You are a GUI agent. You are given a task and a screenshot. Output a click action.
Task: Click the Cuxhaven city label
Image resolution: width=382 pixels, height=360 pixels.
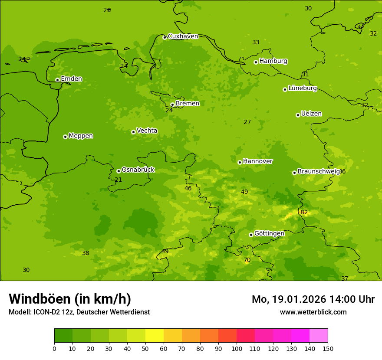click(183, 36)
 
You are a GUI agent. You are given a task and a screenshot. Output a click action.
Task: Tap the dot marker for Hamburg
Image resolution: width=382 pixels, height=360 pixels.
click(256, 62)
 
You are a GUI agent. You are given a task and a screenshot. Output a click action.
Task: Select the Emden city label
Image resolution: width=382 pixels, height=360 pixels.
click(71, 79)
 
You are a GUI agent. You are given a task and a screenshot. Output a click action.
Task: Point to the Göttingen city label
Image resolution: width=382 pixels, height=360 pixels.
click(269, 233)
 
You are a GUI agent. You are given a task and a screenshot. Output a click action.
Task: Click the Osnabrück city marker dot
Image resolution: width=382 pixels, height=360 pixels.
click(119, 171)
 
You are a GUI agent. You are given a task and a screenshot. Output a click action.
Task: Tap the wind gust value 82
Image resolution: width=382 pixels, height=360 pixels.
click(304, 212)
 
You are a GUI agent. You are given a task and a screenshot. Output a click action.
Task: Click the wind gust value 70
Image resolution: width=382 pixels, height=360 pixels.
click(247, 260)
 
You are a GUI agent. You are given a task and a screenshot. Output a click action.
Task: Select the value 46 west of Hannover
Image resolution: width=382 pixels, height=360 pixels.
click(188, 188)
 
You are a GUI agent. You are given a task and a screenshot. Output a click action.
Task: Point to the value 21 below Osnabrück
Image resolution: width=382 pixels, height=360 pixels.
click(118, 180)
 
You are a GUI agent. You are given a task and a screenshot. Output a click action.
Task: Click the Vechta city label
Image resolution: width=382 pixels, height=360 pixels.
click(147, 131)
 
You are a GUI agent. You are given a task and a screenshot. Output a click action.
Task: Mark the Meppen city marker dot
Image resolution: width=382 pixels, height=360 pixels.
click(65, 137)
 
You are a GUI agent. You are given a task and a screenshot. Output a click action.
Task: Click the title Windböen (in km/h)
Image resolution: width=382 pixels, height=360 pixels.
click(70, 299)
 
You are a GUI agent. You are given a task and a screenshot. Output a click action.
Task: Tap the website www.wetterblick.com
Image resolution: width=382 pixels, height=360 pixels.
click(313, 312)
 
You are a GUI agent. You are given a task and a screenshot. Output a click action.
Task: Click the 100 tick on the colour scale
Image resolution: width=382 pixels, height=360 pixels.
click(237, 348)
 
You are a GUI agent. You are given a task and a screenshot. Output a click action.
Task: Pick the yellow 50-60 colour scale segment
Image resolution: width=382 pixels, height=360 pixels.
click(155, 336)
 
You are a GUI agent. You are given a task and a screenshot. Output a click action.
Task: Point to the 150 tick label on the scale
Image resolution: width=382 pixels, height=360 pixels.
click(328, 348)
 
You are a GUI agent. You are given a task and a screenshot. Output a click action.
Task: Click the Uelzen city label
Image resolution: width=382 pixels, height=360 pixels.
click(311, 114)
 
